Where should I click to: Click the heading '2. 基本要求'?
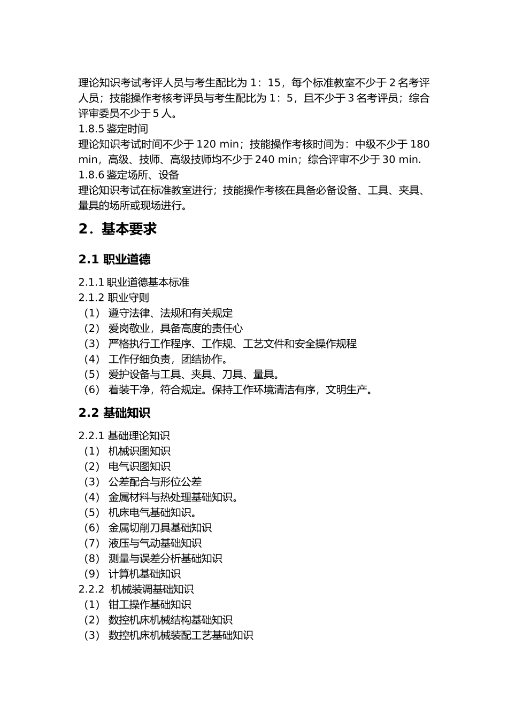tap(117, 229)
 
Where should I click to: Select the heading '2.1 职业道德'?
tap(114, 259)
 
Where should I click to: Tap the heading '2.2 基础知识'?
tap(114, 412)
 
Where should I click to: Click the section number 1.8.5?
tap(91, 129)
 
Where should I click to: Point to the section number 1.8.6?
tap(91, 175)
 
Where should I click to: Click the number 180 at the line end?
tap(420, 144)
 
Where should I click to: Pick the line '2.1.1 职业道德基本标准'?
tap(134, 282)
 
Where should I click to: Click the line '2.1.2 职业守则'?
tap(114, 298)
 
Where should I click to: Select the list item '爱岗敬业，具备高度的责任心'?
tap(175, 329)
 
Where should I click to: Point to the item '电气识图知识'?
tap(139, 466)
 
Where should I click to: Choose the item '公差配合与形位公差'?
tap(155, 482)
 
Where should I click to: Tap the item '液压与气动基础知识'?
tap(155, 543)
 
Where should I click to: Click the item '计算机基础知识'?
tap(144, 574)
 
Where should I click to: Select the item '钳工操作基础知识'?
tap(149, 605)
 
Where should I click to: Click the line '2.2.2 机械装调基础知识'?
tap(136, 589)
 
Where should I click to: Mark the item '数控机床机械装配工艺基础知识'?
tap(180, 635)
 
